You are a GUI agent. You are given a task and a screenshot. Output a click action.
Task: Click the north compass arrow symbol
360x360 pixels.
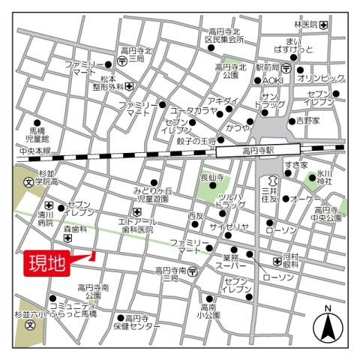coord(327,324)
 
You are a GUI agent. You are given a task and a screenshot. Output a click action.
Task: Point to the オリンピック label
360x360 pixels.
coord(320,78)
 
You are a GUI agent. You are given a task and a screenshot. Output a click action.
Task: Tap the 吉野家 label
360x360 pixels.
coord(307,119)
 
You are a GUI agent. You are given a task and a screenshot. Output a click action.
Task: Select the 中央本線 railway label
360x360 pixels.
coord(35,151)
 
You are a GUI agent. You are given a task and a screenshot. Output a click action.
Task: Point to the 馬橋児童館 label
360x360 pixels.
coord(35,134)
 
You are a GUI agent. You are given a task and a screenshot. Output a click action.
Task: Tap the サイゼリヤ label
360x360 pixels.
coord(228,226)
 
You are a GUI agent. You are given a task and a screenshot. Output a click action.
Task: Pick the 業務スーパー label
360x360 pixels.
coord(229,262)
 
